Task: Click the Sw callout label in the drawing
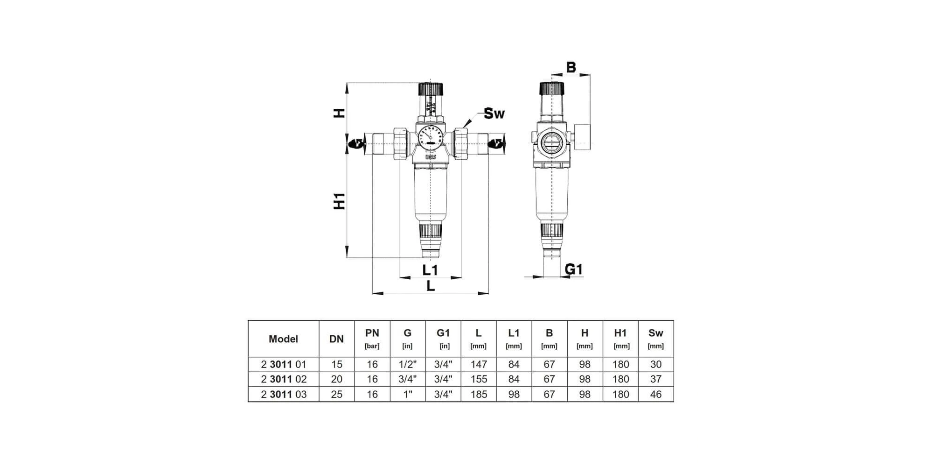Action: (x=494, y=113)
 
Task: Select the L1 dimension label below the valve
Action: (x=430, y=270)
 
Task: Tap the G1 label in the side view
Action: (x=574, y=269)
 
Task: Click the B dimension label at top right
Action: (x=571, y=68)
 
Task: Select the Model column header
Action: (x=283, y=339)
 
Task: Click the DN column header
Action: (x=336, y=339)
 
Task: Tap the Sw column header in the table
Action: (x=655, y=333)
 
